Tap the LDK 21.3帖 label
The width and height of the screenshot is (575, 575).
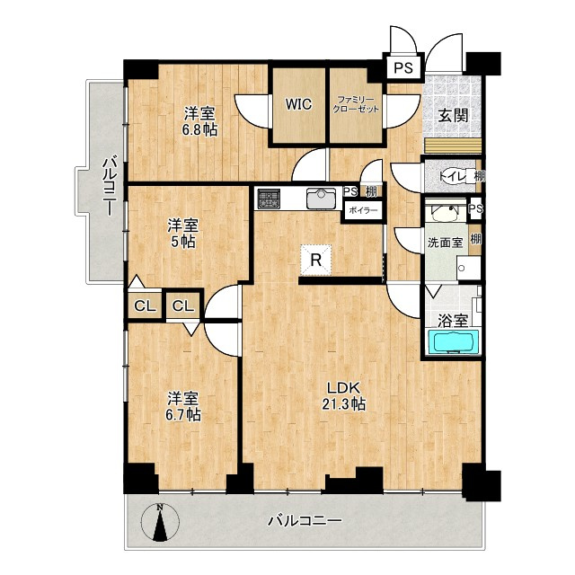[343, 395]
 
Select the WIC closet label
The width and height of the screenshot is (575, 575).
[299, 104]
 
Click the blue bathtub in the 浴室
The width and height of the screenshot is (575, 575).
[452, 342]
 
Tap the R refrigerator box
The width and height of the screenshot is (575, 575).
[316, 261]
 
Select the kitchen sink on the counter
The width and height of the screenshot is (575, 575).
[320, 198]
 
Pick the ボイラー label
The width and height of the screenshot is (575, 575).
[362, 211]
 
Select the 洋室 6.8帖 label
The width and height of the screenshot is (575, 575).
[199, 121]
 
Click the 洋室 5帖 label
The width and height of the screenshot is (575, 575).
[182, 234]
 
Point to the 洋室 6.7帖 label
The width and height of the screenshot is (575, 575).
[182, 406]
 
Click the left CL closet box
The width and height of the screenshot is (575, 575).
[144, 306]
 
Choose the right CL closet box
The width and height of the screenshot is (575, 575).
[183, 306]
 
